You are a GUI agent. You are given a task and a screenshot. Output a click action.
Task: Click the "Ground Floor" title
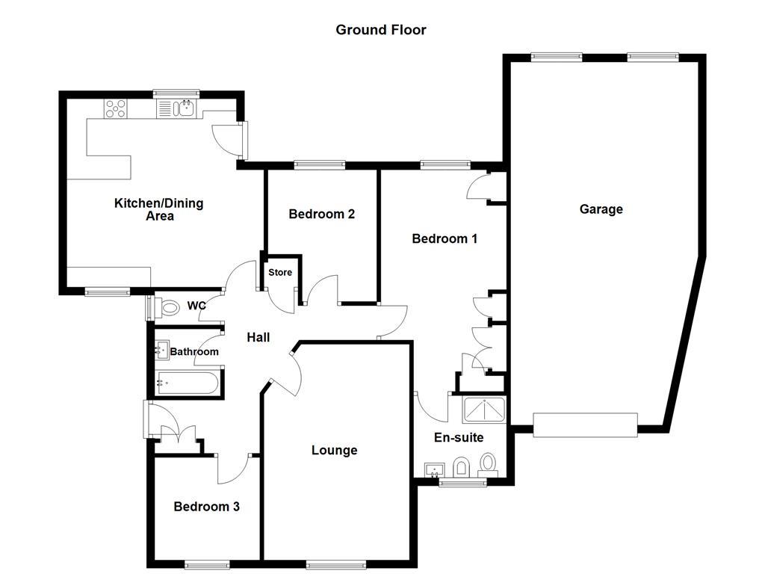[x=380, y=30]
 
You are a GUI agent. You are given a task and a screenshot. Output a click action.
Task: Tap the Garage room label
[x=601, y=209]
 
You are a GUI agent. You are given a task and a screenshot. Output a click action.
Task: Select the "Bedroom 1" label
[x=445, y=239]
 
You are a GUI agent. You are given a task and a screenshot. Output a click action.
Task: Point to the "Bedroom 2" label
[x=321, y=215]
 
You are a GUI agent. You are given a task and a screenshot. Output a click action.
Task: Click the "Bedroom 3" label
[x=206, y=507]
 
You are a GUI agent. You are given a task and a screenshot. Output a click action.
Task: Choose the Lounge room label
[x=334, y=450]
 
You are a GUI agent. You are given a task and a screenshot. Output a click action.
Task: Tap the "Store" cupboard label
[x=280, y=273]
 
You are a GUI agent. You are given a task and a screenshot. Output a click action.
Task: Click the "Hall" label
[x=258, y=338]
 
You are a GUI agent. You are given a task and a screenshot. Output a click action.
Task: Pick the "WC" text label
[x=196, y=306]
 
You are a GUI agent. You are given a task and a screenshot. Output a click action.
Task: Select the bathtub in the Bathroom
[x=187, y=383]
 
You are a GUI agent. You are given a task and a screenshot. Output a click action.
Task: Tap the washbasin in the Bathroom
[x=161, y=349]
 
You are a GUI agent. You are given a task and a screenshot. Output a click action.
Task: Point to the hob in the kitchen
[x=116, y=109]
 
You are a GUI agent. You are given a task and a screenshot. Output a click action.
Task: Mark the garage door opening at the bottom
[x=585, y=425]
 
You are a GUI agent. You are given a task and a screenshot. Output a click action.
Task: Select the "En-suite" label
[x=459, y=438]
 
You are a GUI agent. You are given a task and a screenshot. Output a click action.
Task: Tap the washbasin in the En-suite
[x=434, y=470]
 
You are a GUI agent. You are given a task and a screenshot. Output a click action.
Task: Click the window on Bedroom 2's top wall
[x=319, y=164]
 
